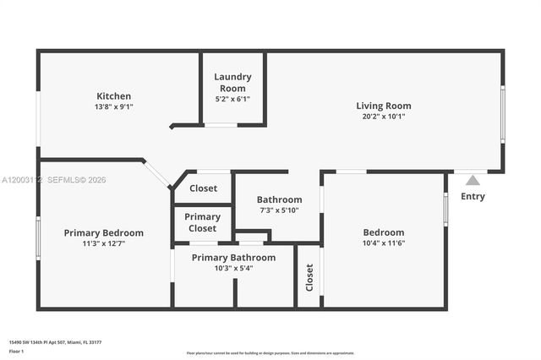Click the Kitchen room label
click(x=113, y=96)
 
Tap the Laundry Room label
click(x=232, y=82)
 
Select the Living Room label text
click(x=384, y=106)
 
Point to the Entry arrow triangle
click(x=473, y=180)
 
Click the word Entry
click(x=473, y=197)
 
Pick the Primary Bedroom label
click(x=104, y=232)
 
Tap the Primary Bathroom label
click(x=233, y=258)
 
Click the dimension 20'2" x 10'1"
click(x=384, y=117)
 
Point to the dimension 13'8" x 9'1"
click(x=113, y=107)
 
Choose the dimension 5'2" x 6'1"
click(x=232, y=99)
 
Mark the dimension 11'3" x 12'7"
click(x=104, y=243)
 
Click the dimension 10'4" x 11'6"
click(x=384, y=243)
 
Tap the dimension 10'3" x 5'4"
click(x=233, y=269)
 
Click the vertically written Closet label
click(x=309, y=278)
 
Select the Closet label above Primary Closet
click(x=203, y=188)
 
